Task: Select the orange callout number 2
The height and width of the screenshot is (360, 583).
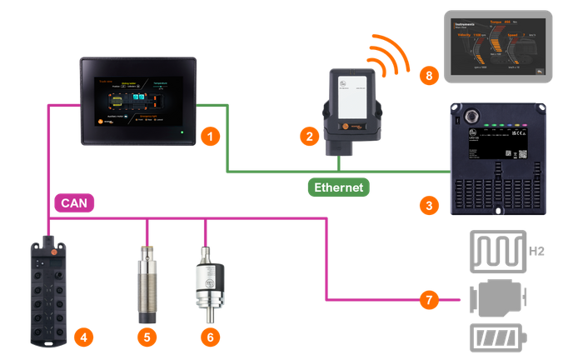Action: tap(309, 135)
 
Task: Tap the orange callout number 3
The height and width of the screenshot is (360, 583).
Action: tap(427, 203)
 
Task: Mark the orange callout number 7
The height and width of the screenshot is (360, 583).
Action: tap(426, 298)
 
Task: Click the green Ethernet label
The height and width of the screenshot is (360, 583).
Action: tap(338, 187)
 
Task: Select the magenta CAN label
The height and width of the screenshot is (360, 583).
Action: tap(72, 202)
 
